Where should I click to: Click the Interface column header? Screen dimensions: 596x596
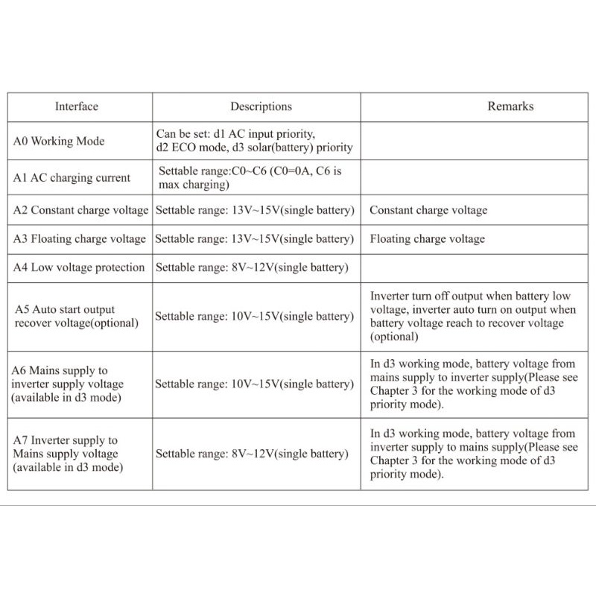[x=76, y=107]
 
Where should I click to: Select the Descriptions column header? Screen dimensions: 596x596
[x=261, y=107]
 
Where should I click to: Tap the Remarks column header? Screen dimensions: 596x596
[x=510, y=107]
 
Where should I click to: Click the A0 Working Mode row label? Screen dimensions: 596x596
[x=59, y=141]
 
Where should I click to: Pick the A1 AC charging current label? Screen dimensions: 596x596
[x=72, y=178]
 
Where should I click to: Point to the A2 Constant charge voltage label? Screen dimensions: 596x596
[x=80, y=210]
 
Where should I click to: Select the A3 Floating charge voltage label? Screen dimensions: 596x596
[x=80, y=239]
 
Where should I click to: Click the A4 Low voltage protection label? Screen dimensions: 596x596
[x=79, y=267]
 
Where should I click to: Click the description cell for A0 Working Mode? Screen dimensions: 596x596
[x=254, y=141]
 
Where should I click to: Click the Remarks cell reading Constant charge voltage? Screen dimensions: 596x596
[x=428, y=210]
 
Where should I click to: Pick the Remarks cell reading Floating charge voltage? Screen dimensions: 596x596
[x=427, y=239]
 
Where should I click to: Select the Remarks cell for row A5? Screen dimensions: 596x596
[x=473, y=316]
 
